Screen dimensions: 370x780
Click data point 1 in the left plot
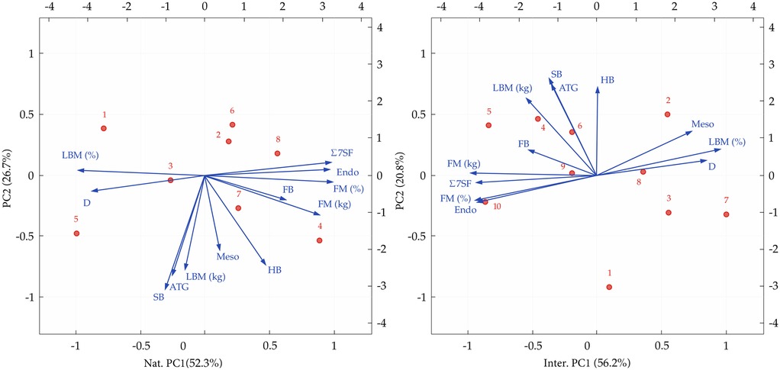pyautogui.click(x=104, y=128)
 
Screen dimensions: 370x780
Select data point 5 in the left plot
pyautogui.click(x=76, y=233)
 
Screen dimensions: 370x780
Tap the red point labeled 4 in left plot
pyautogui.click(x=319, y=240)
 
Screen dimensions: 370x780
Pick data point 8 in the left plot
pyautogui.click(x=277, y=153)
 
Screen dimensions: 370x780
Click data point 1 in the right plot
pyautogui.click(x=609, y=287)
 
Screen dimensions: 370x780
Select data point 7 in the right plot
pyautogui.click(x=726, y=214)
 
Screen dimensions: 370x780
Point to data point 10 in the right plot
pyautogui.click(x=485, y=202)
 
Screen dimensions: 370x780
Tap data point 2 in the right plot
pyautogui.click(x=667, y=114)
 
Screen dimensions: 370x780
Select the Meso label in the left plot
pyautogui.click(x=227, y=256)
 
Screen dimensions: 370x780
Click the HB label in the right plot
pyautogui.click(x=608, y=80)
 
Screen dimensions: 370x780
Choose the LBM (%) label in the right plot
pyautogui.click(x=727, y=142)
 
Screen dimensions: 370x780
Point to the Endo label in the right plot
pyautogui.click(x=466, y=211)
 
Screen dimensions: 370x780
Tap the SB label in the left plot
pyautogui.click(x=159, y=297)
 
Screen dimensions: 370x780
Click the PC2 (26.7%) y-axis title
pyautogui.click(x=8, y=175)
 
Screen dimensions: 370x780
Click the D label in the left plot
pyautogui.click(x=87, y=203)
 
